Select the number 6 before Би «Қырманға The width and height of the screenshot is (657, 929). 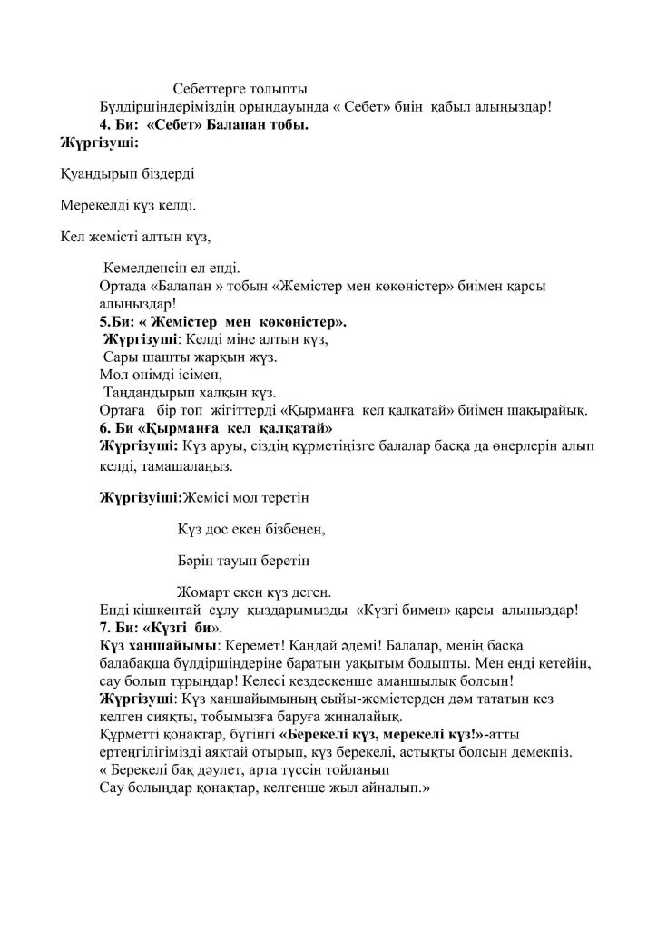(x=103, y=427)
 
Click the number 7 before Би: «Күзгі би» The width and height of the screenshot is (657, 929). (x=103, y=627)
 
